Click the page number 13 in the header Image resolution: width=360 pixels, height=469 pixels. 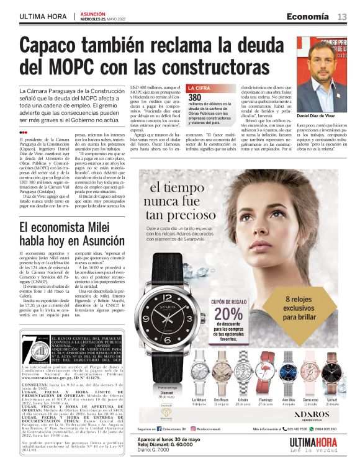pyautogui.click(x=342, y=16)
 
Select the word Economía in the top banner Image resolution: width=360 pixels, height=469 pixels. pyautogui.click(x=308, y=16)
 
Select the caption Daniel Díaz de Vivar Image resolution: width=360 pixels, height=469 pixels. pyautogui.click(x=319, y=115)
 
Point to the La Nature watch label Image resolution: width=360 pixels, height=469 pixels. pyautogui.click(x=199, y=400)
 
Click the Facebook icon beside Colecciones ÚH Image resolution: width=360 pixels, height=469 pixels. pyautogui.click(x=164, y=429)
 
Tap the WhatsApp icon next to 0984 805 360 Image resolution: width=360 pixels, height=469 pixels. pyautogui.click(x=312, y=429)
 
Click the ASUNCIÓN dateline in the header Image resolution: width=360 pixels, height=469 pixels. pyautogui.click(x=93, y=13)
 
